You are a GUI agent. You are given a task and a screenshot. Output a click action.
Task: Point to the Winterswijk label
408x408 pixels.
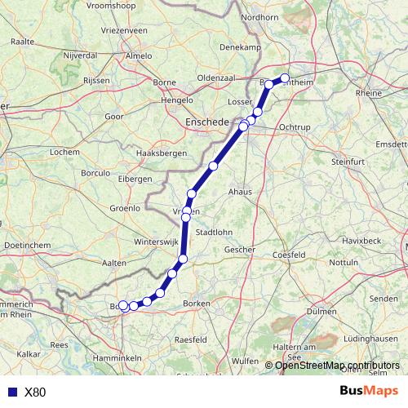click(x=155, y=242)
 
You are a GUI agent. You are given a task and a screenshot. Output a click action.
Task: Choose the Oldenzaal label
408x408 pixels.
click(x=216, y=78)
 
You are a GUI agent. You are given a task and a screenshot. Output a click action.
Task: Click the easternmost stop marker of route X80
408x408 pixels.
click(x=286, y=78)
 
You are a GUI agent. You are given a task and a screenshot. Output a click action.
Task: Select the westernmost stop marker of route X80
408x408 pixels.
click(x=123, y=306)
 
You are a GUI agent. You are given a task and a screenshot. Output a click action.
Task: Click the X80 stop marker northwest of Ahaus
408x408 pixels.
click(x=213, y=166)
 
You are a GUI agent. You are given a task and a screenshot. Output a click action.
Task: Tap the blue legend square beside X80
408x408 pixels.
click(x=11, y=392)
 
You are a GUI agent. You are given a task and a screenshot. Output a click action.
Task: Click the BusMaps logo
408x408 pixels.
click(x=370, y=391)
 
